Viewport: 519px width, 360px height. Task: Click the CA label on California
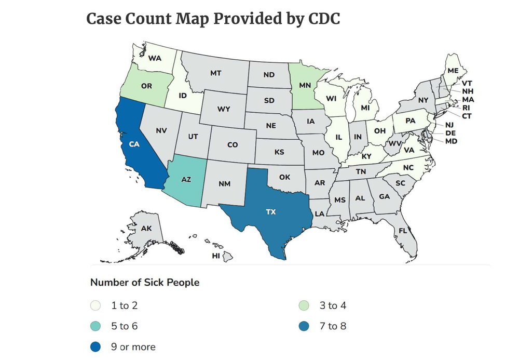pos(134,144)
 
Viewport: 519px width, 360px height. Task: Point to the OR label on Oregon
pos(146,86)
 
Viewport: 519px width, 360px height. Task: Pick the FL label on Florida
pos(402,231)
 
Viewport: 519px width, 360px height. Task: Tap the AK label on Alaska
pos(146,228)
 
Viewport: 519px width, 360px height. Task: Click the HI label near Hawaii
pos(216,256)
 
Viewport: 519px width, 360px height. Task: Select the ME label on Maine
pos(453,70)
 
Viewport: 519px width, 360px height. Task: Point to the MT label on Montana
pos(216,73)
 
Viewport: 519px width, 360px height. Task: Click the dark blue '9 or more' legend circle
pos(96,346)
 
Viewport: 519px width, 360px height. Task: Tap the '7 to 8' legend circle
pos(305,326)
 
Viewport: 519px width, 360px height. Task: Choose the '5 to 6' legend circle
pos(96,326)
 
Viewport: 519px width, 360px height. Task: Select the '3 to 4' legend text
pos(333,305)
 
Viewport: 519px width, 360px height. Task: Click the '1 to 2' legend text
pos(124,305)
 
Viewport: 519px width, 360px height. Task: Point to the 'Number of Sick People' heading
pos(145,283)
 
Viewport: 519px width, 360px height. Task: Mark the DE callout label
pos(450,133)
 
